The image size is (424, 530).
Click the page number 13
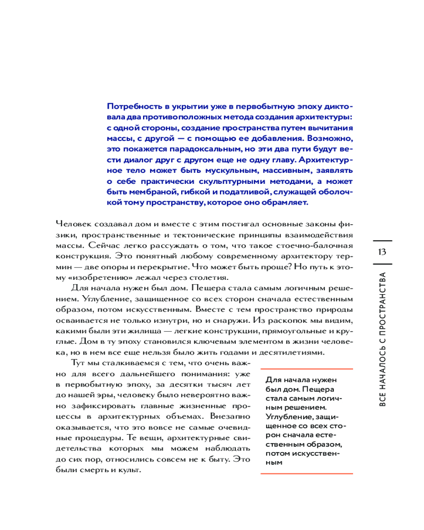(382, 251)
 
